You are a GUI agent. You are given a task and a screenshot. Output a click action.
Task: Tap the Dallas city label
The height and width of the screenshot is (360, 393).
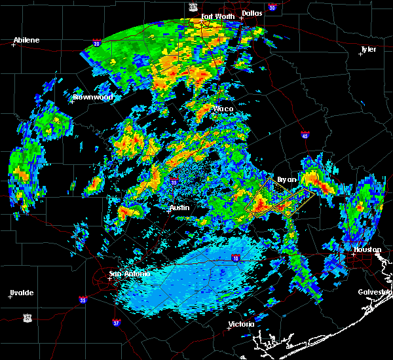pyautogui.click(x=252, y=12)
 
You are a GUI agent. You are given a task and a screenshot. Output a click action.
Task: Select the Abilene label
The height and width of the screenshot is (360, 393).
pyautogui.click(x=27, y=40)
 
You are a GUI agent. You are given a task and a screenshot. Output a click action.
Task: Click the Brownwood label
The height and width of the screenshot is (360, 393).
pyautogui.click(x=93, y=97)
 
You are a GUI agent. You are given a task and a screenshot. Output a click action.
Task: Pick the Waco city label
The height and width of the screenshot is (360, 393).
pyautogui.click(x=223, y=109)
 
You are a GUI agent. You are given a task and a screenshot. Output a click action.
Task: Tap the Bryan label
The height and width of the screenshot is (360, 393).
pyautogui.click(x=287, y=179)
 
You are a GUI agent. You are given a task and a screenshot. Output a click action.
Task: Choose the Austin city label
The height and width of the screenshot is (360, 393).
pyautogui.click(x=179, y=207)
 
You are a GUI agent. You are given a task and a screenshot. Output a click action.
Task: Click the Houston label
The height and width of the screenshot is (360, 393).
pyautogui.click(x=367, y=249)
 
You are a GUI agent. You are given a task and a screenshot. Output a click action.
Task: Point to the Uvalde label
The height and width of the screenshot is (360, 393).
pyautogui.click(x=21, y=292)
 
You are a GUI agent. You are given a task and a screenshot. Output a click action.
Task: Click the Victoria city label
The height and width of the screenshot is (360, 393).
pyautogui.click(x=241, y=324)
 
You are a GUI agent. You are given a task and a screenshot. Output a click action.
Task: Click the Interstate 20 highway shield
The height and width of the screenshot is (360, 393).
pyautogui.click(x=96, y=44)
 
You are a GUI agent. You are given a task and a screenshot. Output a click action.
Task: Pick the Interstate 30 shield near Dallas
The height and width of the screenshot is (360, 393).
pyautogui.click(x=272, y=7)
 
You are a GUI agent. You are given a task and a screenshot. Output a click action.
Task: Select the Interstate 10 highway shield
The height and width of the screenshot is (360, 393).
pyautogui.click(x=235, y=258)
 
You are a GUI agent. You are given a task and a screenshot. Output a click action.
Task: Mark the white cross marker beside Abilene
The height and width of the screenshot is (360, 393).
pyautogui.click(x=13, y=45)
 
